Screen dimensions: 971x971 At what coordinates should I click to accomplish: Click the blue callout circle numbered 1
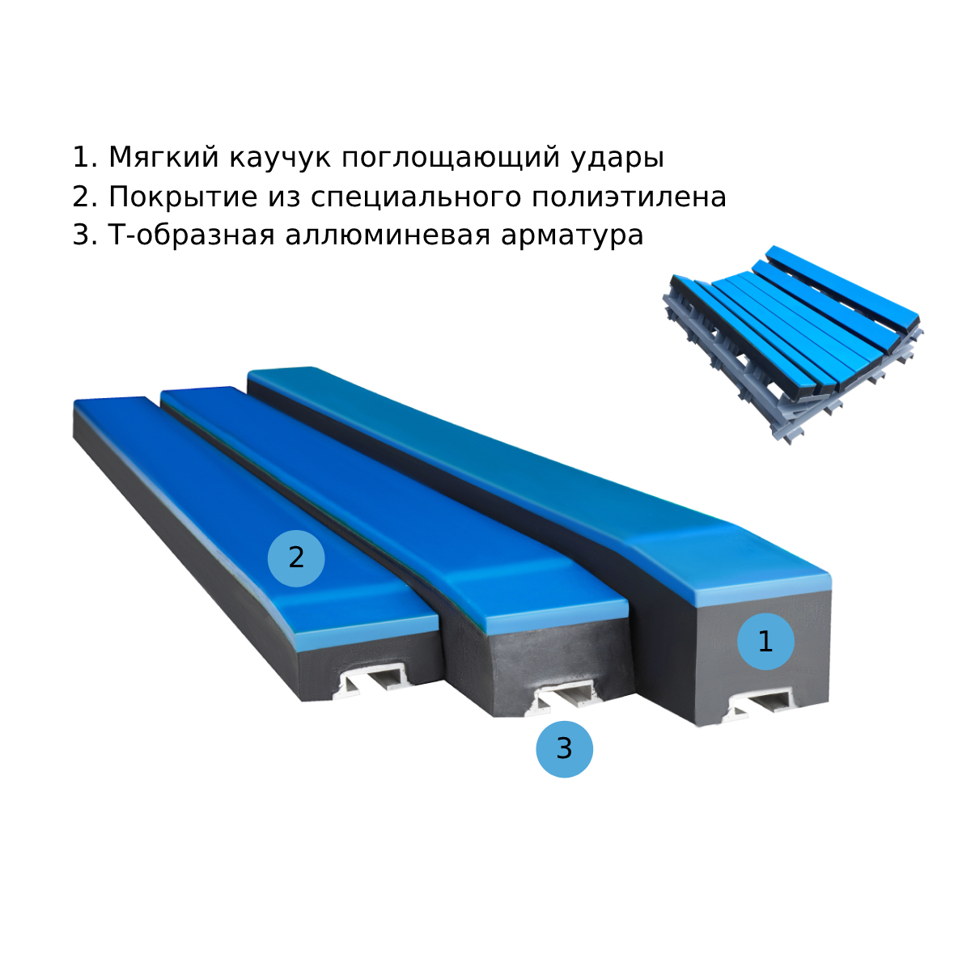(x=765, y=642)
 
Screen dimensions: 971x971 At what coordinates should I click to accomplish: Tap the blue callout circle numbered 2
(x=296, y=558)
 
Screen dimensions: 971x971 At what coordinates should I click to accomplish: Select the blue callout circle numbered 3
(x=564, y=748)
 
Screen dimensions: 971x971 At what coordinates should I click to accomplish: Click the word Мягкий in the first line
(x=163, y=157)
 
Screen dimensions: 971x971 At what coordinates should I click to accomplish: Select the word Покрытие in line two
(x=183, y=197)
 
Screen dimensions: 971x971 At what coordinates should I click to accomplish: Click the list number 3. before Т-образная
(x=85, y=235)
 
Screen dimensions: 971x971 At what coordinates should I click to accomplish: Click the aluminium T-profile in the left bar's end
(x=372, y=680)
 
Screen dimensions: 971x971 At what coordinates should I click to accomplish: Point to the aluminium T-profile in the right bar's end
(x=758, y=706)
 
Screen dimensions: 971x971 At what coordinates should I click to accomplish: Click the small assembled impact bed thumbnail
(x=793, y=346)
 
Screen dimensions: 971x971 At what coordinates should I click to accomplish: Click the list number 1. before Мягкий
(x=85, y=157)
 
